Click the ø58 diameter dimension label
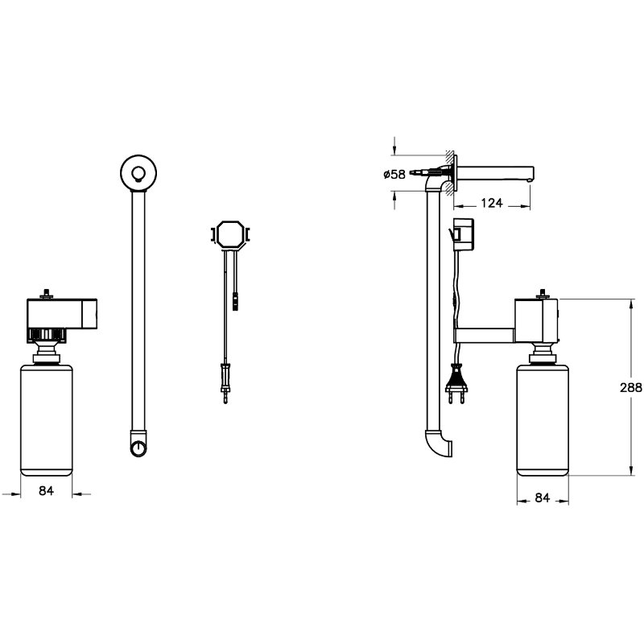click(x=394, y=174)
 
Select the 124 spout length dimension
click(x=491, y=203)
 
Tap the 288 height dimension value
click(x=631, y=387)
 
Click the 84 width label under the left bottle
click(x=46, y=490)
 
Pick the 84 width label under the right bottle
click(x=542, y=497)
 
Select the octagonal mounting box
click(x=230, y=234)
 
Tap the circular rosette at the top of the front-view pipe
click(x=138, y=173)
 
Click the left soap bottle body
click(x=47, y=419)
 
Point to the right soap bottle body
click(x=542, y=419)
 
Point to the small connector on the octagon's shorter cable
click(x=235, y=301)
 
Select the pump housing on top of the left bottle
click(x=62, y=313)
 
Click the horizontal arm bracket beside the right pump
click(x=484, y=335)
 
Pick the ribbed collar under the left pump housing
click(x=46, y=335)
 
